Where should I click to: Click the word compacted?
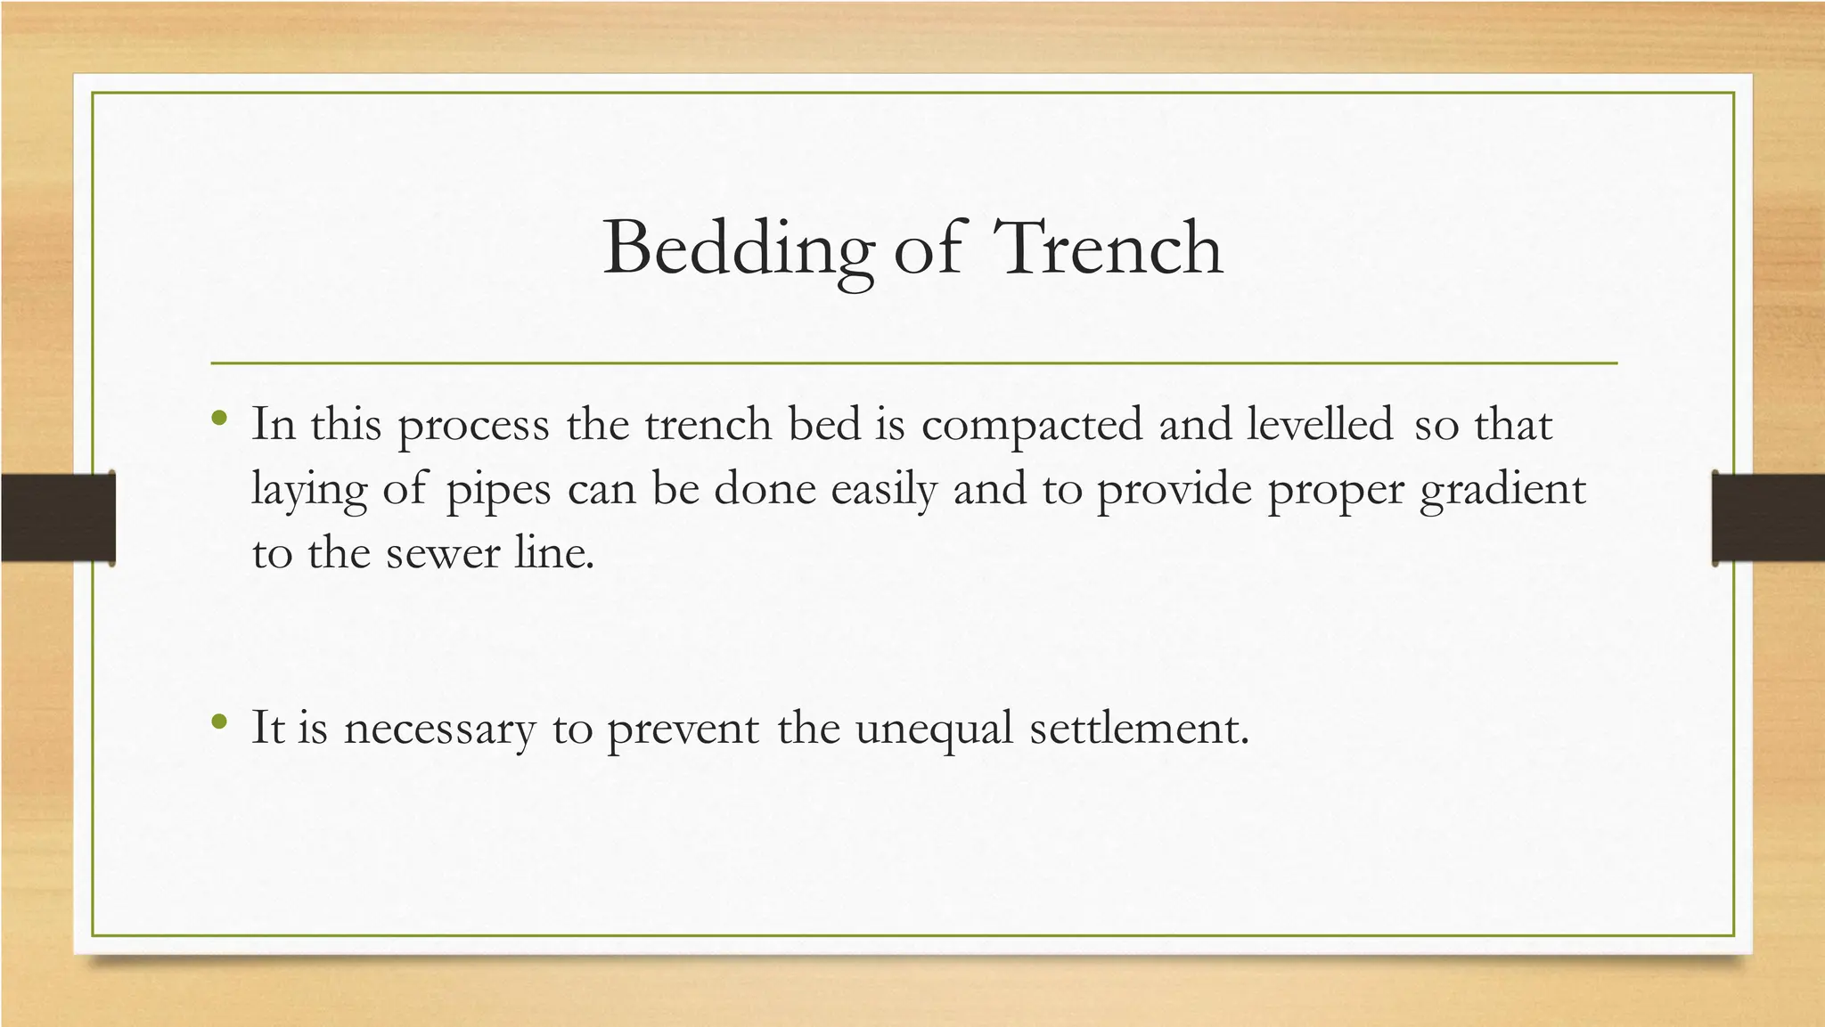click(x=1031, y=425)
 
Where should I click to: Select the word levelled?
click(x=1319, y=425)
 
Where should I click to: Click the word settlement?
click(x=1139, y=729)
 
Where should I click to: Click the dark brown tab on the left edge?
click(x=58, y=518)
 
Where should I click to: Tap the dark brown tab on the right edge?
click(x=1768, y=518)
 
